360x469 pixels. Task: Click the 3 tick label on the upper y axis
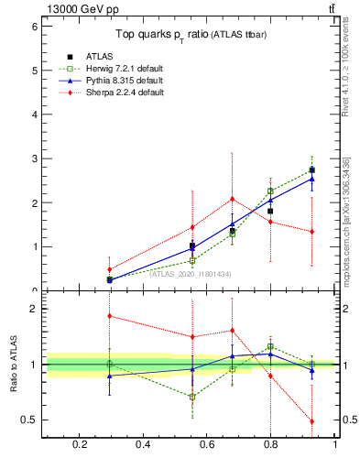(33, 158)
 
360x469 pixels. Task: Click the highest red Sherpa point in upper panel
(233, 199)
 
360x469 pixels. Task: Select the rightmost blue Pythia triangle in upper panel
(312, 179)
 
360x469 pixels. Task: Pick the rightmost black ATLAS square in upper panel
(312, 169)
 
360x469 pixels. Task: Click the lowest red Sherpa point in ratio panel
(312, 421)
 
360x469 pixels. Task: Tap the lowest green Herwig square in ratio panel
(192, 397)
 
